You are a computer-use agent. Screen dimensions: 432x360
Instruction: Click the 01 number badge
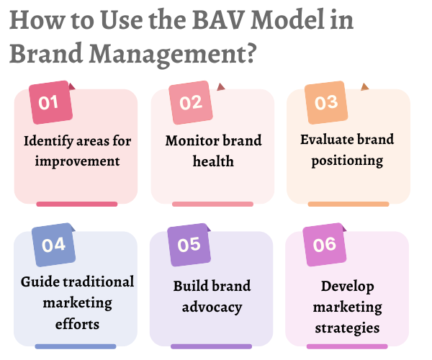coord(50,102)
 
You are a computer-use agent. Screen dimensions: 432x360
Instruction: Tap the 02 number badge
coord(191,102)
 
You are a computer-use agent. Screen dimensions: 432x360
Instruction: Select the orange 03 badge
coord(326,102)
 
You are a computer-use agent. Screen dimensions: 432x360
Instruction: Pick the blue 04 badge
coord(54,245)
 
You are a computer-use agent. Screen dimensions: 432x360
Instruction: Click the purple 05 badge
coord(189,245)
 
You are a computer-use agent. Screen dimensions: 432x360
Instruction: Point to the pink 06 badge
coord(325,245)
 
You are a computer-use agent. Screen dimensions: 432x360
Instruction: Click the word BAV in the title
coord(218,20)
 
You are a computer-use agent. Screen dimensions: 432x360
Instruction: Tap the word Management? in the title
coord(173,54)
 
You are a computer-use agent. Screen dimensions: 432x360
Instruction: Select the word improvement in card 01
coord(78,161)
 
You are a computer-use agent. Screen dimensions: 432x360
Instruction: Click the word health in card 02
coord(213,161)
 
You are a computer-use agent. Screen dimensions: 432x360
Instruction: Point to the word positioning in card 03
coord(347,161)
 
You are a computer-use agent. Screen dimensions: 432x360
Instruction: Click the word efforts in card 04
coord(77,324)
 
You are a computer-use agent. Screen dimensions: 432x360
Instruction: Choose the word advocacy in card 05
coord(212,307)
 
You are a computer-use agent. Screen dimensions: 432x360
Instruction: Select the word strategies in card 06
coord(347,328)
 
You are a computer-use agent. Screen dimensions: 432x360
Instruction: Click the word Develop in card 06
coord(348,287)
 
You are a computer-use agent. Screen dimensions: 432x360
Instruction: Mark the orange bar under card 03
coord(348,204)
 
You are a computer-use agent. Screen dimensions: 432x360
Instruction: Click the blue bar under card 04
coord(76,346)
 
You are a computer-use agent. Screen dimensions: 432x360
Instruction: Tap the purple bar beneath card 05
coord(211,346)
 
